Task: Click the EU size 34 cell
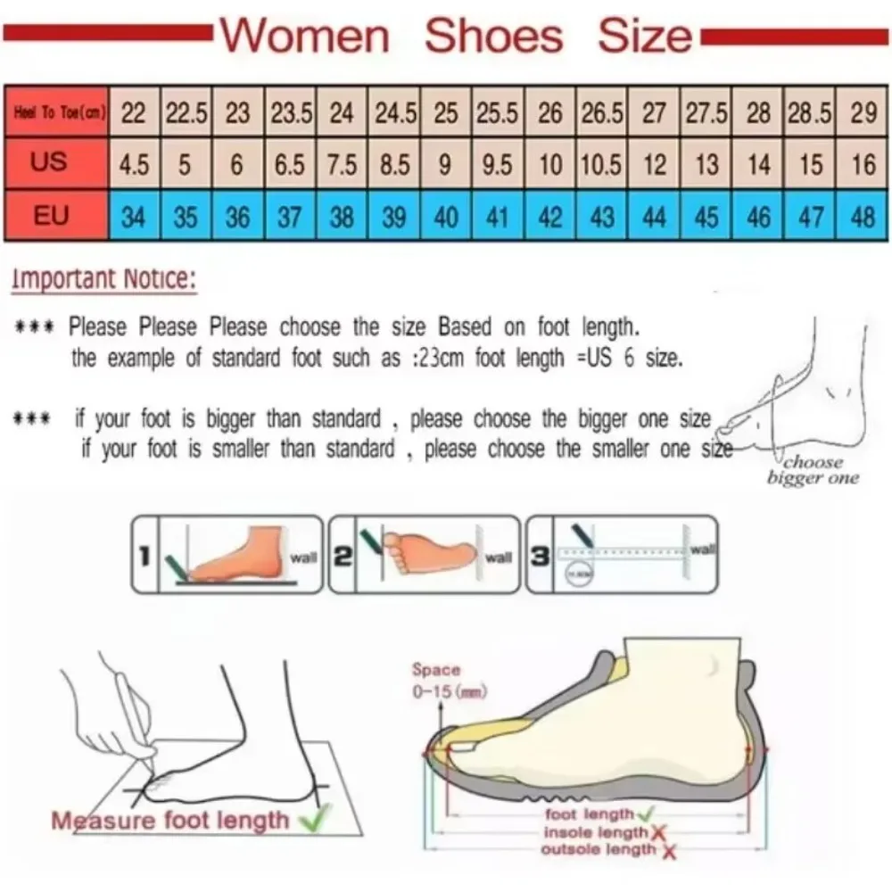click(134, 217)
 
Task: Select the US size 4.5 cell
click(134, 165)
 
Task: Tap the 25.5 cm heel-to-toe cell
click(498, 113)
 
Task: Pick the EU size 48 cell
click(863, 217)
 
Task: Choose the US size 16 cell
click(863, 165)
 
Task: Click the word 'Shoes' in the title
click(493, 37)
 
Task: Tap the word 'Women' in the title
click(305, 37)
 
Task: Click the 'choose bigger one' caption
click(813, 470)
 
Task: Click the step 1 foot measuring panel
click(227, 554)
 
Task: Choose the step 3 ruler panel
click(622, 554)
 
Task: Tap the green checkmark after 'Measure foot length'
click(313, 819)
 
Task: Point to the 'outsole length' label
click(598, 849)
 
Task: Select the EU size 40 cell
click(446, 217)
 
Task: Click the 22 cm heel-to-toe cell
click(134, 113)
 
